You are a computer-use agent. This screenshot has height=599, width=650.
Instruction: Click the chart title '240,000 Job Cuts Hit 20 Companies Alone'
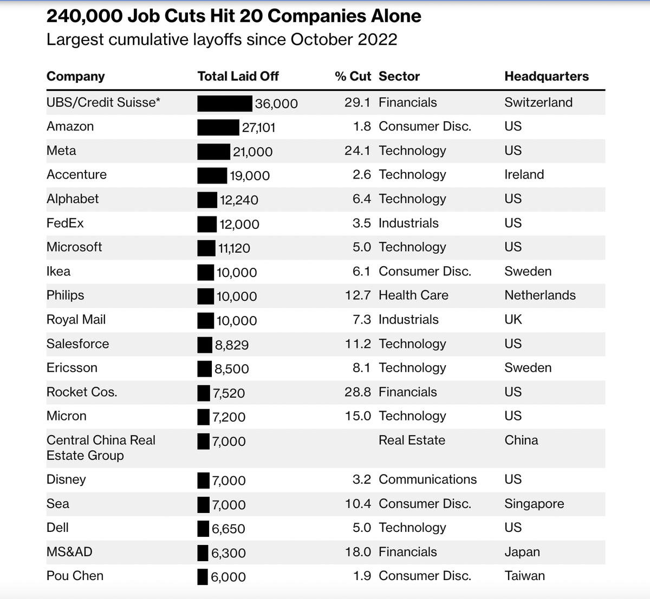(x=233, y=16)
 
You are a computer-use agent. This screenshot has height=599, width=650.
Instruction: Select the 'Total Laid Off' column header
(x=238, y=76)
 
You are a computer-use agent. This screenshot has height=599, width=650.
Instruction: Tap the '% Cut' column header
(x=353, y=76)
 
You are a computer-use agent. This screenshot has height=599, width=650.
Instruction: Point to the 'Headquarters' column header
(x=546, y=76)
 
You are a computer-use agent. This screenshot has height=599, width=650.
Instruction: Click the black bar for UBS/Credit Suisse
(x=224, y=103)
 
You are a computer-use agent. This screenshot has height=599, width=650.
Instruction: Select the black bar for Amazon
(x=218, y=127)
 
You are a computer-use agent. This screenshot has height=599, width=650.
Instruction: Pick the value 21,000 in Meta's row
(x=252, y=152)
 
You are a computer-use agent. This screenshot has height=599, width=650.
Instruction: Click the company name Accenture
(x=76, y=175)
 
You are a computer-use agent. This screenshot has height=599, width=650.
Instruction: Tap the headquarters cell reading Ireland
(x=524, y=175)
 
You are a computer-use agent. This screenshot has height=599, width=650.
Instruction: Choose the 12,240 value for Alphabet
(x=239, y=200)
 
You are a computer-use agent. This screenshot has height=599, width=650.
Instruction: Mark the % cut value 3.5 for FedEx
(x=361, y=223)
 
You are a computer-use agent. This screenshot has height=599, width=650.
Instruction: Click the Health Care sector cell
(x=413, y=295)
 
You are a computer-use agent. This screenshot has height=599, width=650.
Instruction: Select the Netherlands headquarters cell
(x=539, y=295)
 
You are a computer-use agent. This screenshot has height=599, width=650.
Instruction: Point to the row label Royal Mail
(x=76, y=320)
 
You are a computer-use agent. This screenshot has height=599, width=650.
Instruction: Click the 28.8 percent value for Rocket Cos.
(x=357, y=392)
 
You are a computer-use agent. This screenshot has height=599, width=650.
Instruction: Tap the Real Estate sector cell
(x=412, y=440)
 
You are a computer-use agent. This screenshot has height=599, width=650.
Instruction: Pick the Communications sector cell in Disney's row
(x=427, y=479)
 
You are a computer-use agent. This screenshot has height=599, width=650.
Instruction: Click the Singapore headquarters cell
(x=534, y=504)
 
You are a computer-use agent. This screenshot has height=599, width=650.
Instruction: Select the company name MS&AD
(x=69, y=552)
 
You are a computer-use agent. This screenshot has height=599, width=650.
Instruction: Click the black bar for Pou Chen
(x=203, y=577)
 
